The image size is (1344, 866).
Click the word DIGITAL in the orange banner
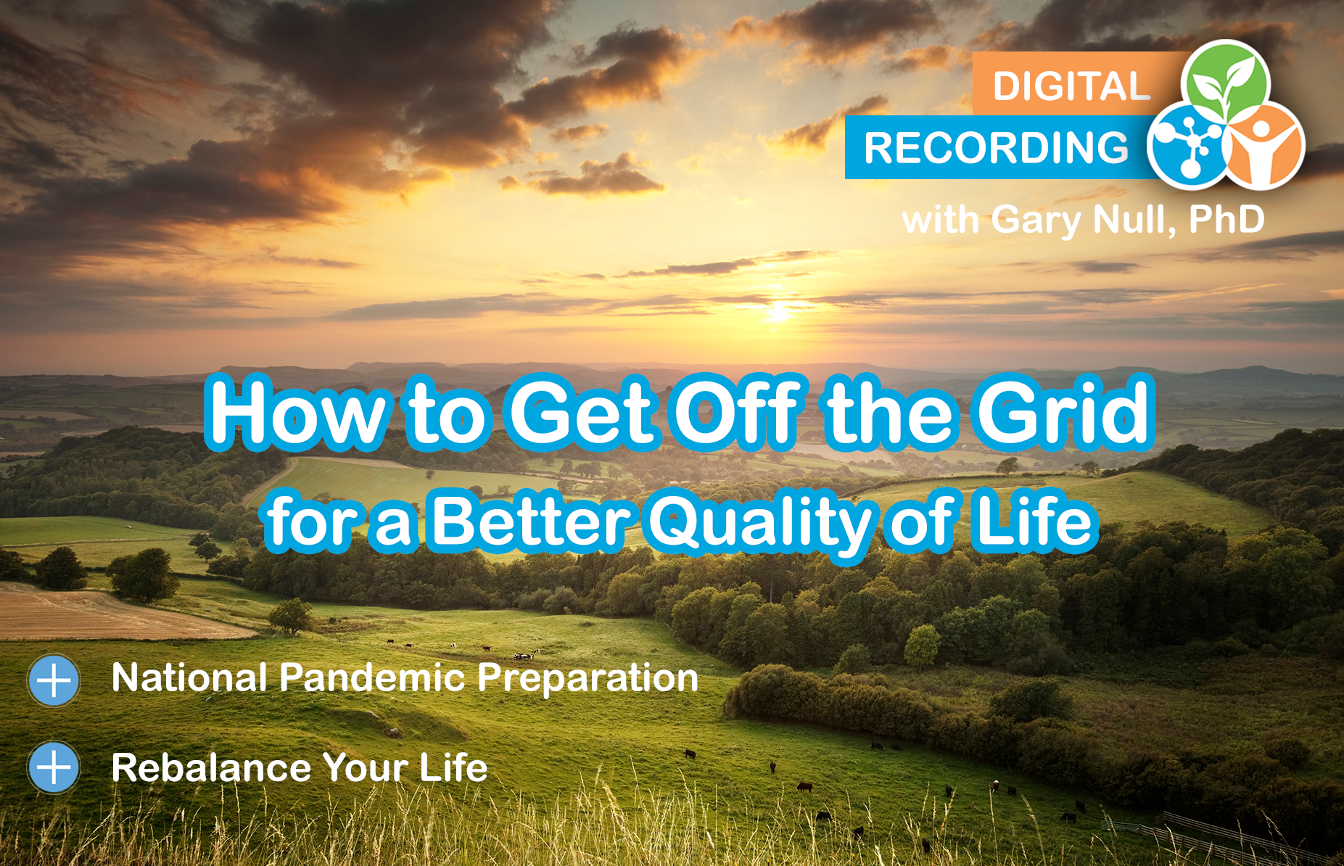click(x=1071, y=86)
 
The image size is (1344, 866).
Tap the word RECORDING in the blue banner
click(x=997, y=148)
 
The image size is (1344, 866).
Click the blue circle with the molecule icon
click(x=1187, y=145)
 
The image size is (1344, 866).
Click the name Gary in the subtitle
click(x=1036, y=220)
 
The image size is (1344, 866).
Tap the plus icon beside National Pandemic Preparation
click(x=54, y=680)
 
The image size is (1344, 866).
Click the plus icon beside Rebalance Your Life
click(x=54, y=767)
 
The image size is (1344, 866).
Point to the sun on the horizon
click(x=778, y=313)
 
